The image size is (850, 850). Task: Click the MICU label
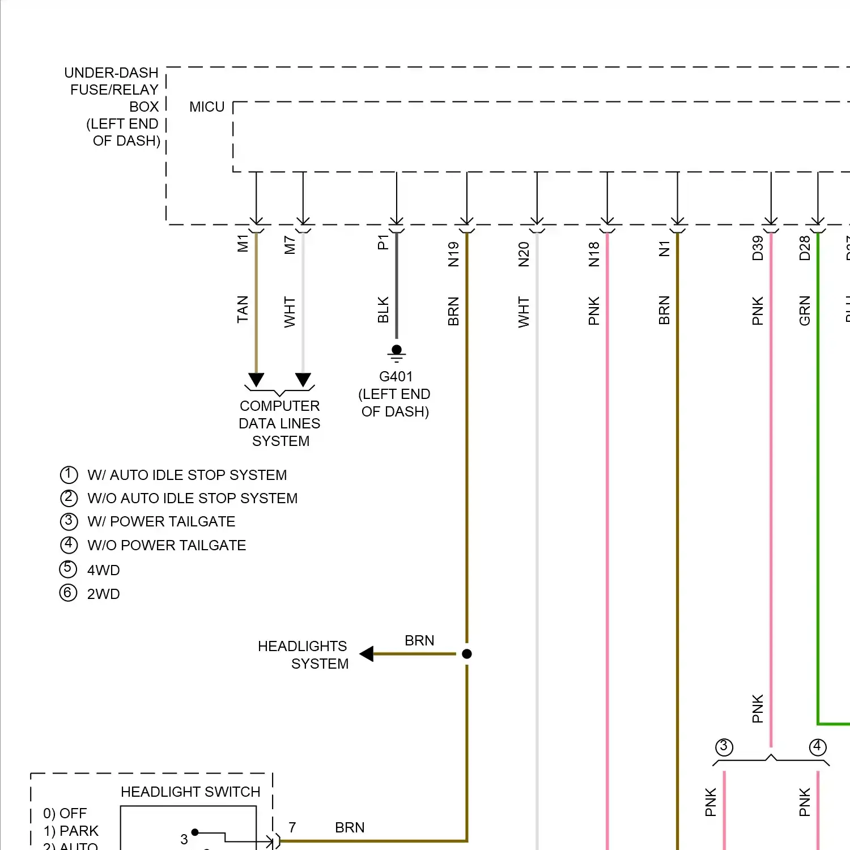pos(207,107)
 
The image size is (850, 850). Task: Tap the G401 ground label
pos(396,377)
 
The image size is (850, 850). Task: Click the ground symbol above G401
pos(397,352)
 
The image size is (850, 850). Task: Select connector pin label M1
pos(243,243)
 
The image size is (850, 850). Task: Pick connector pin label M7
pos(290,245)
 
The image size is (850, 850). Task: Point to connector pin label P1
pos(383,243)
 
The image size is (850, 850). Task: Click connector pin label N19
pos(453,254)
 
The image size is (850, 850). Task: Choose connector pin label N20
pos(524,254)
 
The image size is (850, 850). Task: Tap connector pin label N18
pos(594,254)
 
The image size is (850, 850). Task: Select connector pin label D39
pos(758,248)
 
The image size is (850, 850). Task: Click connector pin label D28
pos(805,248)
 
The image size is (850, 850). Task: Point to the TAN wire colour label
pos(243,309)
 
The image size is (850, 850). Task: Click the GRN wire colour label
pos(805,311)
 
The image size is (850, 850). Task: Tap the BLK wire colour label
pos(383,310)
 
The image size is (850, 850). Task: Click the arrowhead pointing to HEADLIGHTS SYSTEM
pos(367,654)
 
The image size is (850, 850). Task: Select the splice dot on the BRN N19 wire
pos(467,654)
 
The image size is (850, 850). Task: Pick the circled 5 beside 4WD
pos(68,568)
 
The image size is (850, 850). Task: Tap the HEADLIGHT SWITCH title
pos(190,792)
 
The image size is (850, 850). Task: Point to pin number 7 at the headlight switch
pos(292,827)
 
